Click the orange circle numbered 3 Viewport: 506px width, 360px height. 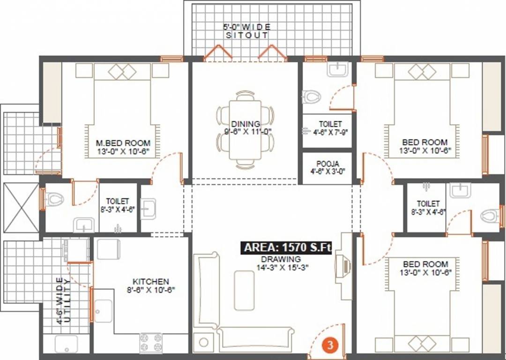[330, 346]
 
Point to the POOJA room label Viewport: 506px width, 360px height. [327, 163]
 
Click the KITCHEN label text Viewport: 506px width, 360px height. [150, 281]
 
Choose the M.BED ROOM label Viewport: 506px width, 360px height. [123, 142]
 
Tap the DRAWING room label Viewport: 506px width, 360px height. [281, 259]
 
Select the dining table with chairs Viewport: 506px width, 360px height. [246, 130]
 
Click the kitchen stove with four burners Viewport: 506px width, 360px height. [151, 343]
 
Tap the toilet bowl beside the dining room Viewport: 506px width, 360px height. [312, 97]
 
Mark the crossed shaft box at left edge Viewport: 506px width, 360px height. [21, 207]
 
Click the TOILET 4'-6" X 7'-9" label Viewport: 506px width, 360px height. [327, 127]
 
